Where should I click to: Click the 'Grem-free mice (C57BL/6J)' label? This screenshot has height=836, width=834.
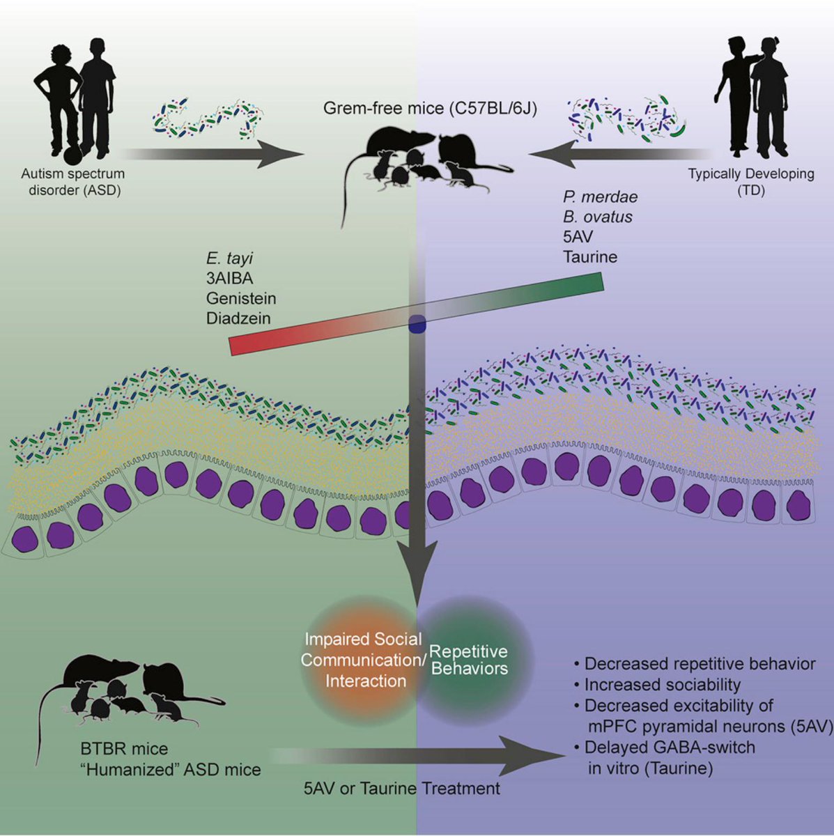[430, 108]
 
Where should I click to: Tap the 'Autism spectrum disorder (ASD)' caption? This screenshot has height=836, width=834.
[73, 183]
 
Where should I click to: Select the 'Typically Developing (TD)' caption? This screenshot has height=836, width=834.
[751, 183]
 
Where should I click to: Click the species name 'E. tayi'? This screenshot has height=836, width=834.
[229, 259]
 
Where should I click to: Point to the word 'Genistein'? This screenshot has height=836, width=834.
[241, 298]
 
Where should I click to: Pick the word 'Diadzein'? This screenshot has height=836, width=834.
[239, 318]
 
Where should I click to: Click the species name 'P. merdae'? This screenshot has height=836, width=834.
[601, 197]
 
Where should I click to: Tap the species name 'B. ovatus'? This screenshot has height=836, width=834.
[598, 217]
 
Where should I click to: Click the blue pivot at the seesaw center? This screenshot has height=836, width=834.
[417, 325]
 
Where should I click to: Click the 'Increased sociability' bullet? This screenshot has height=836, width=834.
[657, 685]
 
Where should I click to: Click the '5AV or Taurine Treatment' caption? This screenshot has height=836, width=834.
[402, 788]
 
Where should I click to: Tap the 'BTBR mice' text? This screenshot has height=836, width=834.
[124, 749]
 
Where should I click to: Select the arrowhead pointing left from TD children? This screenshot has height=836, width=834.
[551, 154]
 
